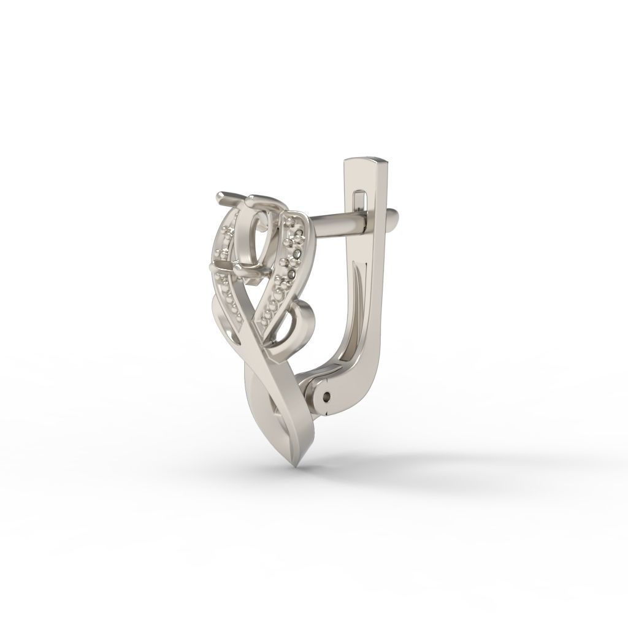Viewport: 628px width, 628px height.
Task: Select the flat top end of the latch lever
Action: pos(367,161)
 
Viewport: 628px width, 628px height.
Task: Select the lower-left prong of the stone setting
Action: pos(215,267)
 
